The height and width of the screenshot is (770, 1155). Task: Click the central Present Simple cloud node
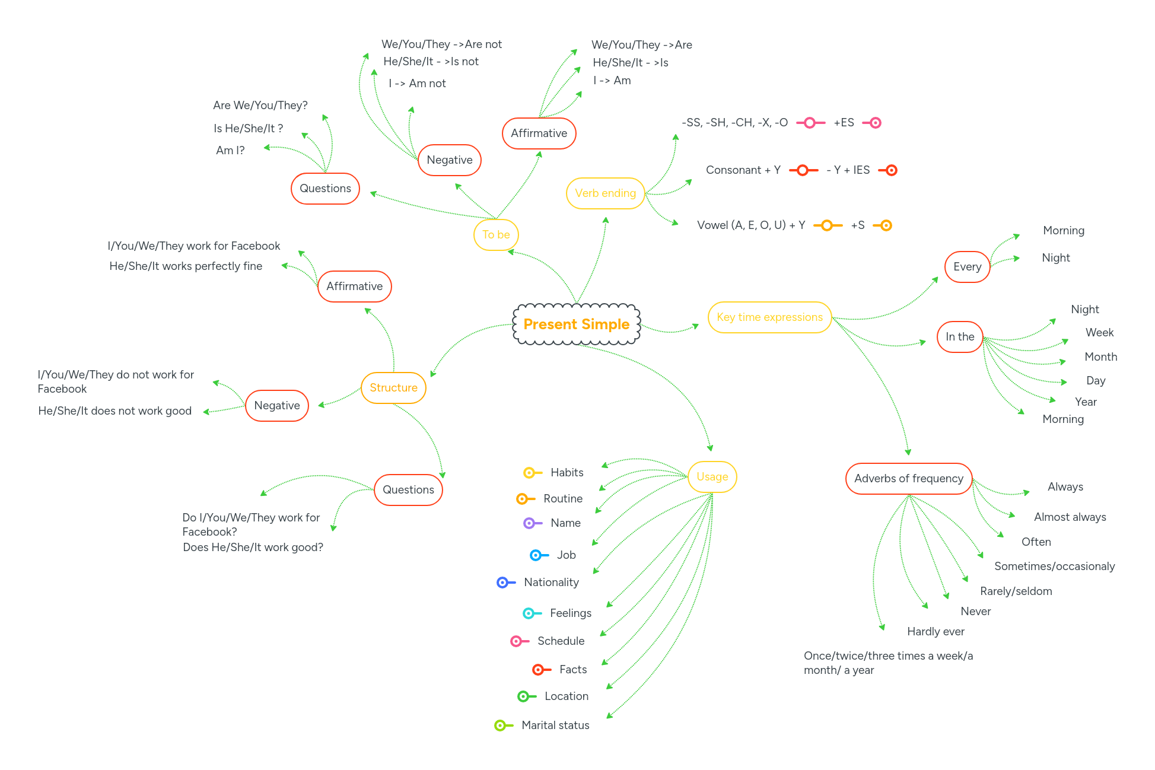click(x=576, y=324)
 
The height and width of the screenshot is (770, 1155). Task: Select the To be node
click(x=496, y=235)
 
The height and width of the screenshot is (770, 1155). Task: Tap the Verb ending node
click(x=605, y=193)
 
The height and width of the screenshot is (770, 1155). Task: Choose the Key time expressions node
click(x=769, y=317)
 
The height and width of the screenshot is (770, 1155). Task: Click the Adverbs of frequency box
click(x=908, y=479)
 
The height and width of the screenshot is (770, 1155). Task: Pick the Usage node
click(x=712, y=477)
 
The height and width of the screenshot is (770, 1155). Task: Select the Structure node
click(x=393, y=388)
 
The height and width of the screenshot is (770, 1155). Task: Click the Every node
click(x=967, y=267)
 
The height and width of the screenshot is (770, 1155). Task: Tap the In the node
click(x=959, y=337)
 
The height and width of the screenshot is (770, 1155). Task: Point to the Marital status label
click(x=555, y=725)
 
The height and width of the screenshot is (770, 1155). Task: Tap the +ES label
click(x=844, y=123)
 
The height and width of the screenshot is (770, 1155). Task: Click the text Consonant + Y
click(x=743, y=170)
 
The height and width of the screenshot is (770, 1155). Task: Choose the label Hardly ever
click(x=936, y=632)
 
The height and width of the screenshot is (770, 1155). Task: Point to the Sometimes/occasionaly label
click(x=1054, y=567)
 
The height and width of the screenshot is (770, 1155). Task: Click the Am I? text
click(x=230, y=151)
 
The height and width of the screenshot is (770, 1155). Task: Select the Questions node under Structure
click(x=408, y=490)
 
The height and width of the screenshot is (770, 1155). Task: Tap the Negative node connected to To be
click(x=449, y=160)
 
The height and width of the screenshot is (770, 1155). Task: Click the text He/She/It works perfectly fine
click(x=186, y=266)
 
